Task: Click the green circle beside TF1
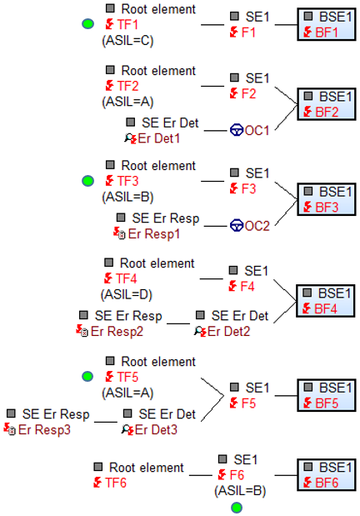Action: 87,24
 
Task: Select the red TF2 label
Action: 128,86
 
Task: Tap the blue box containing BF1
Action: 327,25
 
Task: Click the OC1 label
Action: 257,131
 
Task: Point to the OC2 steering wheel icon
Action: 237,226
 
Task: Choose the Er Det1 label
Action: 159,138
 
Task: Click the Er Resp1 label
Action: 154,234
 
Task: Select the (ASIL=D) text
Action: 127,294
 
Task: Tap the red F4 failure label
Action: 247,286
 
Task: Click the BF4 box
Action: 326,301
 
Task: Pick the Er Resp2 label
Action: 117,332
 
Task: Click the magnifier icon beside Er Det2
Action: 198,330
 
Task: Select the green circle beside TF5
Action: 87,377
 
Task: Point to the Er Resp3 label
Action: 44,430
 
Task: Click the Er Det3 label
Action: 156,430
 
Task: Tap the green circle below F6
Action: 237,508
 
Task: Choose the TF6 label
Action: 116,483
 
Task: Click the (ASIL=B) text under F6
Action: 240,491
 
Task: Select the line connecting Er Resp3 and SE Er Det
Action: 106,422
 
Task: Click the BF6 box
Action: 327,475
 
